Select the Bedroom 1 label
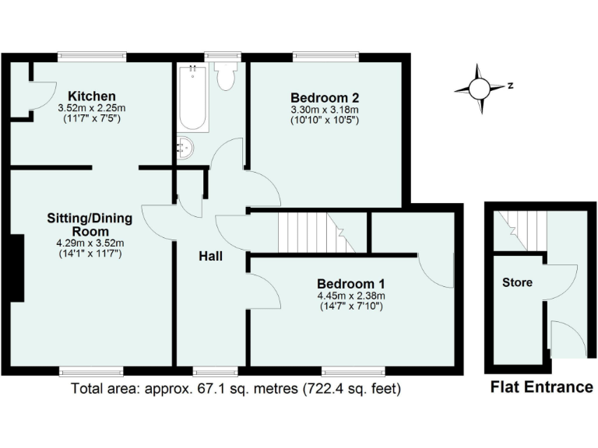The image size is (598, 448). (350, 283)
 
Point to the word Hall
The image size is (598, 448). (211, 255)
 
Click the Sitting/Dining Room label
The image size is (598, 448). (89, 225)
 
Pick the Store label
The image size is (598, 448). (517, 282)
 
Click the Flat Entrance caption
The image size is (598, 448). (541, 387)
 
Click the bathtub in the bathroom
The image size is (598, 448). (193, 99)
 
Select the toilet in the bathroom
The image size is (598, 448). (227, 77)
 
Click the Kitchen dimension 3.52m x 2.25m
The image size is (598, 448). (92, 108)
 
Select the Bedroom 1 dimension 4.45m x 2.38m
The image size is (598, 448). (350, 296)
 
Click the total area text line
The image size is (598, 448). (237, 387)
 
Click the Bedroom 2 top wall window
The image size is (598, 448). (326, 55)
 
